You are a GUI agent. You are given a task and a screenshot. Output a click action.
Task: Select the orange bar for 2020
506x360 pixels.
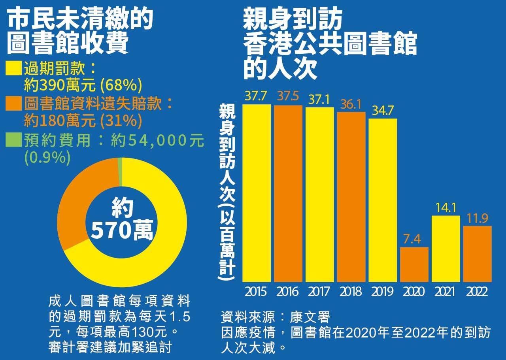(414, 264)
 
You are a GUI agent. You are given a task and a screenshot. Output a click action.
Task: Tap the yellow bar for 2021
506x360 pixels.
(446, 249)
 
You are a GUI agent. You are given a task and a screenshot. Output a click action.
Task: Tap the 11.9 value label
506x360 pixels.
(478, 219)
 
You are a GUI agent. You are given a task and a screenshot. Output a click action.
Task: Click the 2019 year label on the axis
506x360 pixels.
(382, 292)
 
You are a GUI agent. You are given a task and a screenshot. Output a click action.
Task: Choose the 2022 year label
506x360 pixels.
(477, 292)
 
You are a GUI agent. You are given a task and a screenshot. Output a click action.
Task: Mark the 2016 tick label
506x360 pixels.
(287, 292)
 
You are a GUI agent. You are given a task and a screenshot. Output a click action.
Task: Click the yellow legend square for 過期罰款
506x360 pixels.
(14, 68)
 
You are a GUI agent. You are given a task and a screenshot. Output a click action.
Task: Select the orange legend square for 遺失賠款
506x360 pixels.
(14, 104)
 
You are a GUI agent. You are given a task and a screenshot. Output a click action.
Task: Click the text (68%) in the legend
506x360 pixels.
(120, 85)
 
